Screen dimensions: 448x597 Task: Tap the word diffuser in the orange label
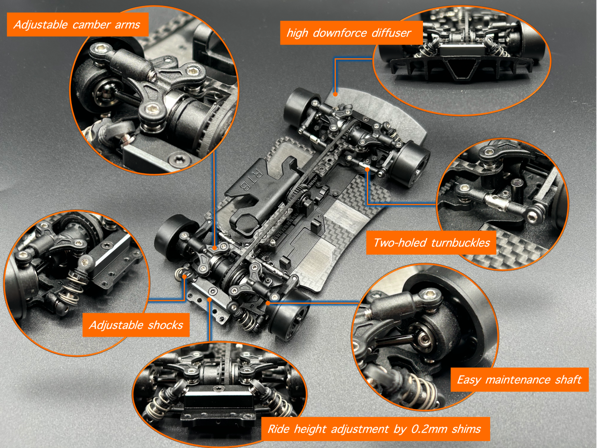pyautogui.click(x=391, y=33)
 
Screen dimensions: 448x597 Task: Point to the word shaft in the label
pyautogui.click(x=568, y=380)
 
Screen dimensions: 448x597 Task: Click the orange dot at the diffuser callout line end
pyautogui.click(x=336, y=94)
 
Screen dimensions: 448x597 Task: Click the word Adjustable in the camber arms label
pyautogui.click(x=40, y=24)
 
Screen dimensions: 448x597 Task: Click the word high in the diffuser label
pyautogui.click(x=297, y=33)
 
